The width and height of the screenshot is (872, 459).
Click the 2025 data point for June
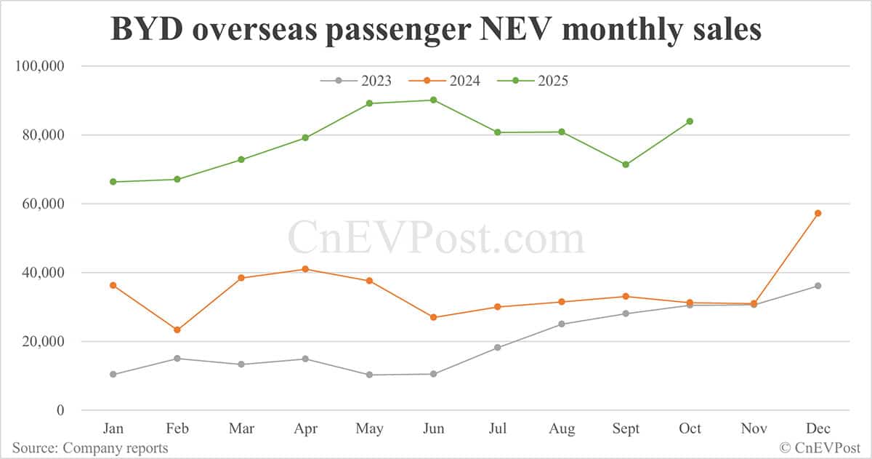click(x=434, y=100)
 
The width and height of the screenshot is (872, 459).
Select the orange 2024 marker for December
click(x=817, y=213)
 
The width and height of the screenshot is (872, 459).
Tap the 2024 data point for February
click(x=177, y=330)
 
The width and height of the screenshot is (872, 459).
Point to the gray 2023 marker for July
click(x=498, y=348)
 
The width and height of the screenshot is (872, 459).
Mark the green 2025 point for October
click(x=690, y=121)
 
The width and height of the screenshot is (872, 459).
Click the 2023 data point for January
click(x=113, y=375)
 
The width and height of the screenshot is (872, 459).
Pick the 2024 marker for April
click(x=305, y=269)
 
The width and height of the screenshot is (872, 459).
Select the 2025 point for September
click(x=626, y=164)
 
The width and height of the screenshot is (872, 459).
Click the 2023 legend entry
click(x=355, y=81)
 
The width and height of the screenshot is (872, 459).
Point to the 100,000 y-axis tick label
click(x=41, y=66)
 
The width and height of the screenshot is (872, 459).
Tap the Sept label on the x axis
click(x=626, y=428)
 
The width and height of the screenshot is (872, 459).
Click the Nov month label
click(x=754, y=428)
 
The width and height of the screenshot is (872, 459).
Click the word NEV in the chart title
click(x=506, y=30)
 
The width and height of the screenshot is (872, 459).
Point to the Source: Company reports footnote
click(x=89, y=448)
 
